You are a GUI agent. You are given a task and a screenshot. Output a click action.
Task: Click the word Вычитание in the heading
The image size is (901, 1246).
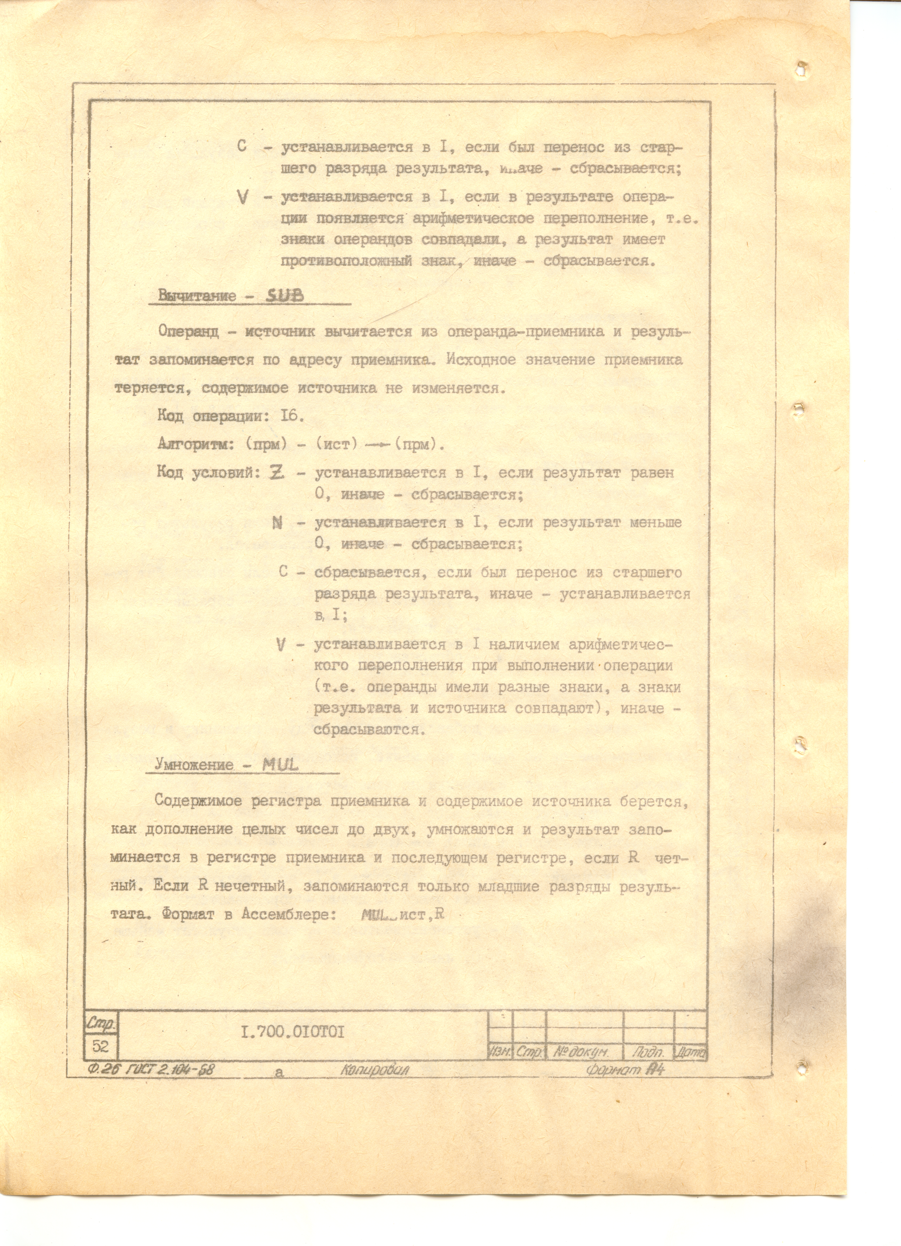click(197, 296)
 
